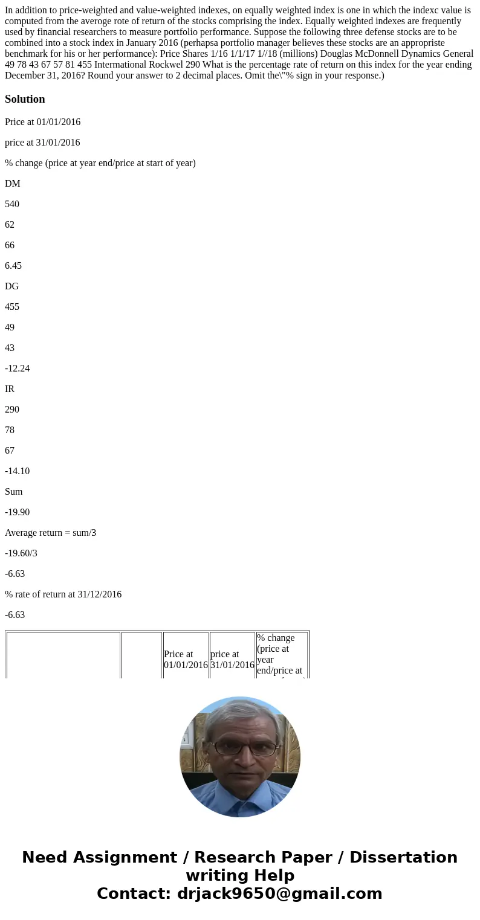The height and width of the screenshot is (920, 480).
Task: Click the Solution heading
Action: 25,99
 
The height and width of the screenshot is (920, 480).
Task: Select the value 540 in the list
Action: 12,204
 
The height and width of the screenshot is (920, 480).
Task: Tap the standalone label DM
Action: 13,184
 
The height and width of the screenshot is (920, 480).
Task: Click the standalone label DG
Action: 12,286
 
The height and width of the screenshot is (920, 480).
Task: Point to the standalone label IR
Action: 10,389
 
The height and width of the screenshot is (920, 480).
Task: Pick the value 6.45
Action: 13,266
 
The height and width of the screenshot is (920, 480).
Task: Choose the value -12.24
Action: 17,368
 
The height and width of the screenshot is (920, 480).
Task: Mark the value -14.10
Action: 17,471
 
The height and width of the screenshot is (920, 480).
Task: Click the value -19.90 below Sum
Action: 17,512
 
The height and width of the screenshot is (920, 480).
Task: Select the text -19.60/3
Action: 21,553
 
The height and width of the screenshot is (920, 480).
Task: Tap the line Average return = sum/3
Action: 51,533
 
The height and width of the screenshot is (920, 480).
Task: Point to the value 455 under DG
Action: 12,307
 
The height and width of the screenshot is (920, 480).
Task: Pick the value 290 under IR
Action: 12,410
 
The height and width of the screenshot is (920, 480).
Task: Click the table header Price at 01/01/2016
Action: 186,659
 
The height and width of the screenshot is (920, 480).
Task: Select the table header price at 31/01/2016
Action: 232,659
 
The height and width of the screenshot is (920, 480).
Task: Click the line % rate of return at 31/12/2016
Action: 63,594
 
